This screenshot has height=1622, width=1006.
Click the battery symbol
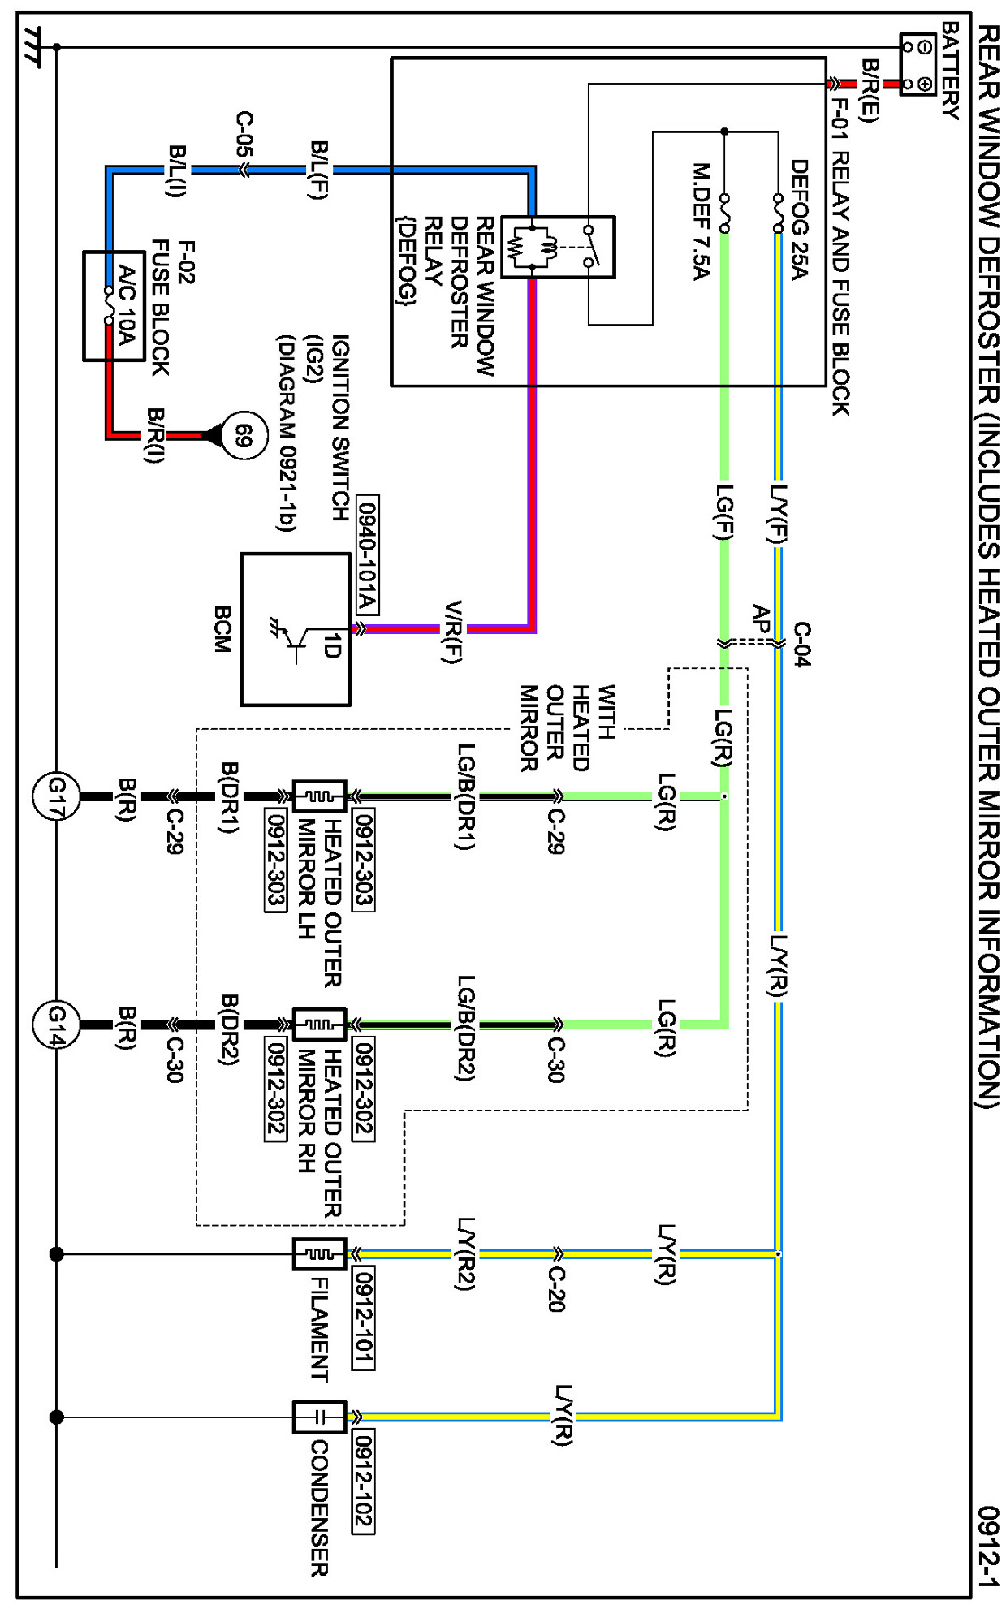click(x=918, y=64)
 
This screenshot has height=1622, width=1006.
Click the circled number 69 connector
click(x=244, y=436)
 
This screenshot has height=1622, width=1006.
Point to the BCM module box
click(x=296, y=629)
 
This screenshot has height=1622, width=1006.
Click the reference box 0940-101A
click(x=367, y=554)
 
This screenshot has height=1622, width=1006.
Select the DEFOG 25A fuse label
click(x=799, y=218)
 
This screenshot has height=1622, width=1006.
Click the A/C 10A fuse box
click(x=114, y=306)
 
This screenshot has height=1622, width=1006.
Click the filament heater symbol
click(x=320, y=1254)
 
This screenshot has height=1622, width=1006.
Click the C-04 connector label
click(x=801, y=644)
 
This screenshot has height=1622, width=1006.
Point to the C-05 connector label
click(x=244, y=134)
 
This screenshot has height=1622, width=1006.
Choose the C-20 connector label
click(x=557, y=1288)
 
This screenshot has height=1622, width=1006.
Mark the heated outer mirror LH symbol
click(x=320, y=796)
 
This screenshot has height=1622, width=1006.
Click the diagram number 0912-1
click(x=987, y=1547)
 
